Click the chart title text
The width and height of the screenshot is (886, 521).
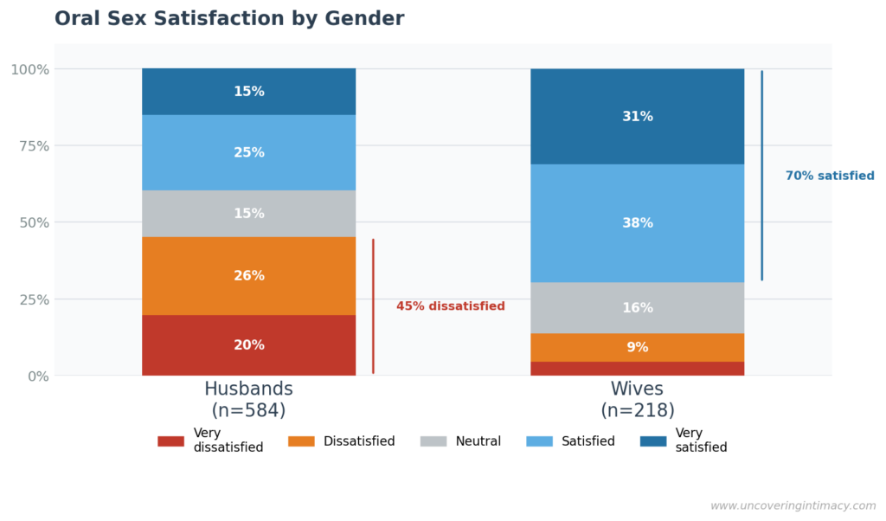point(229,19)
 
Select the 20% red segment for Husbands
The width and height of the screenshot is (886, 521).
point(248,345)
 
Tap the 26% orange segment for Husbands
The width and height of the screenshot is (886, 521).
point(248,276)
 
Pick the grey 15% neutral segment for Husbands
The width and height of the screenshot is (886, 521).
point(248,214)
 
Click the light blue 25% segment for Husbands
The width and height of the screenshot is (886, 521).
point(248,153)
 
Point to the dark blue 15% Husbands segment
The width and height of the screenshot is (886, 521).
point(248,92)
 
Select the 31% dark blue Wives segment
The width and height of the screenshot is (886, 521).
point(637,117)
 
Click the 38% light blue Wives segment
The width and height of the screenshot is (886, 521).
point(637,223)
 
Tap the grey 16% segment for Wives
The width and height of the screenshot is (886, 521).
point(637,308)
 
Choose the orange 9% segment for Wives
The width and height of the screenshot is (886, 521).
point(637,348)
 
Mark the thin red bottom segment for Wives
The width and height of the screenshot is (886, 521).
point(637,369)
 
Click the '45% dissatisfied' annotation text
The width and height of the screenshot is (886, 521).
point(450,306)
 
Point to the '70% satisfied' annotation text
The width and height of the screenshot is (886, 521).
point(829,176)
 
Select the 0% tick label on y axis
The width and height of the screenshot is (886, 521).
point(39,376)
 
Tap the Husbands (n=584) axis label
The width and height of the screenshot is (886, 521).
point(248,400)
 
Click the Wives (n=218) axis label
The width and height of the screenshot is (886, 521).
point(637,400)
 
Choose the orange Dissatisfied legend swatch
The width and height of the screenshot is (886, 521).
point(301,441)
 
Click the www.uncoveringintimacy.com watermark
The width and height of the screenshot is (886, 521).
point(793,505)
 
